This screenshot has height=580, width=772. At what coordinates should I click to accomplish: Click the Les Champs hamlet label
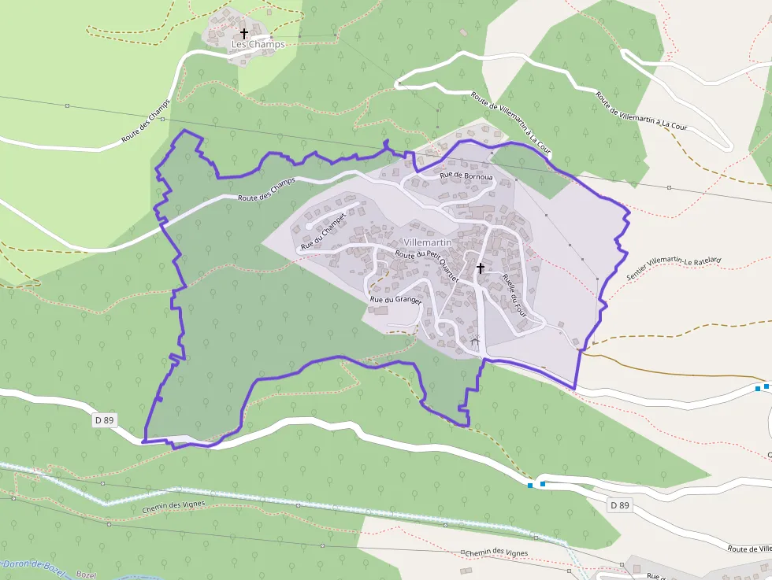pyautogui.click(x=258, y=45)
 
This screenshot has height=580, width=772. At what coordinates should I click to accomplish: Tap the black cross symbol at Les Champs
pyautogui.click(x=244, y=34)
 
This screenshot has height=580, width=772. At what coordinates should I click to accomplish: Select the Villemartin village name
pyautogui.click(x=427, y=242)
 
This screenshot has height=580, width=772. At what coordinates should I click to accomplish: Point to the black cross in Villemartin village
pyautogui.click(x=480, y=268)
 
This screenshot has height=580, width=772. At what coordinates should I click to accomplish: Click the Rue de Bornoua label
pyautogui.click(x=466, y=176)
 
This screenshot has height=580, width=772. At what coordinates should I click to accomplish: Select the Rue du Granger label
pyautogui.click(x=396, y=300)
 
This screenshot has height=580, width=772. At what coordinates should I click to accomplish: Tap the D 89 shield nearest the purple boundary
pyautogui.click(x=104, y=420)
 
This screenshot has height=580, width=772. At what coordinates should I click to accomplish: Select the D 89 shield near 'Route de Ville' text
pyautogui.click(x=620, y=505)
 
